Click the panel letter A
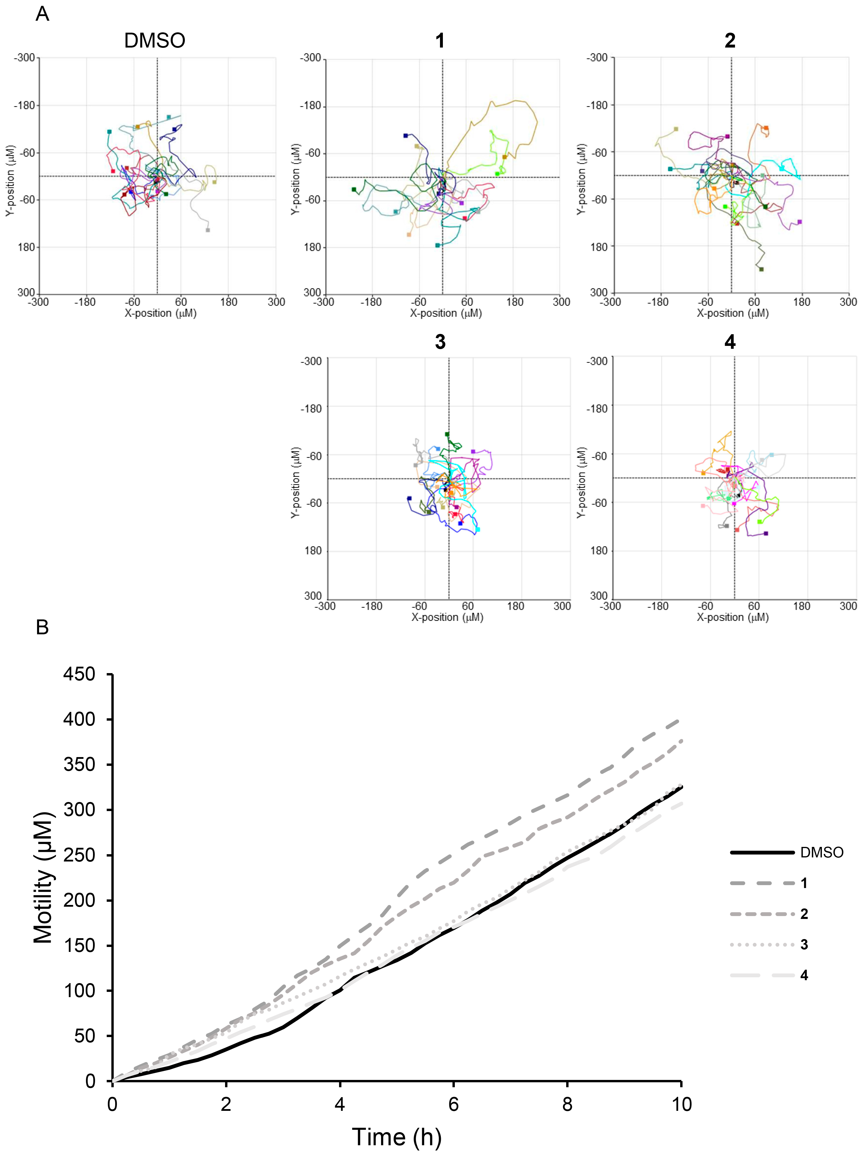(x=42, y=14)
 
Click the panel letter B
(x=42, y=627)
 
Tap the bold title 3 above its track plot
(x=440, y=342)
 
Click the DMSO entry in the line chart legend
(x=821, y=852)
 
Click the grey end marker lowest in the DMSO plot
(x=208, y=230)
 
